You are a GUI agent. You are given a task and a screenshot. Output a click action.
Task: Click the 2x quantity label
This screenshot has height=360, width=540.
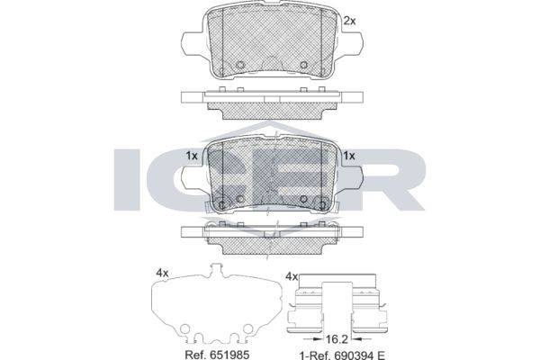click(x=349, y=21)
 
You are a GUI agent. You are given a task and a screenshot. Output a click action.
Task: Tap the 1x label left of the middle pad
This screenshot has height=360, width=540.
click(x=192, y=156)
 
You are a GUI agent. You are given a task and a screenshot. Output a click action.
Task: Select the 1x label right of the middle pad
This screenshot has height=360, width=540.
click(x=349, y=156)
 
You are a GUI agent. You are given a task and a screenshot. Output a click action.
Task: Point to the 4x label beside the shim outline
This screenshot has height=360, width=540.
click(x=162, y=274)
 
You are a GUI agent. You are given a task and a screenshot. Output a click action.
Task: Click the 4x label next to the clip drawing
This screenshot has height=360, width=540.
click(x=292, y=276)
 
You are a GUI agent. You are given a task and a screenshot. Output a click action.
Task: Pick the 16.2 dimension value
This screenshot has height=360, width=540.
click(x=337, y=339)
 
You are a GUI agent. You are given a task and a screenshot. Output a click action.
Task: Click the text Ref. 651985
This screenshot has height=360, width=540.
click(x=217, y=355)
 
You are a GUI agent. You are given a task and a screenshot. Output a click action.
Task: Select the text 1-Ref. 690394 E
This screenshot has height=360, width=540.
click(x=342, y=355)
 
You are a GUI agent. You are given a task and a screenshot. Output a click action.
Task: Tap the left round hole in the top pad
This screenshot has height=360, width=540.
click(x=240, y=65)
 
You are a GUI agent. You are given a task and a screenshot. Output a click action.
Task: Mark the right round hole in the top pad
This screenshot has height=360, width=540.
click(x=304, y=65)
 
